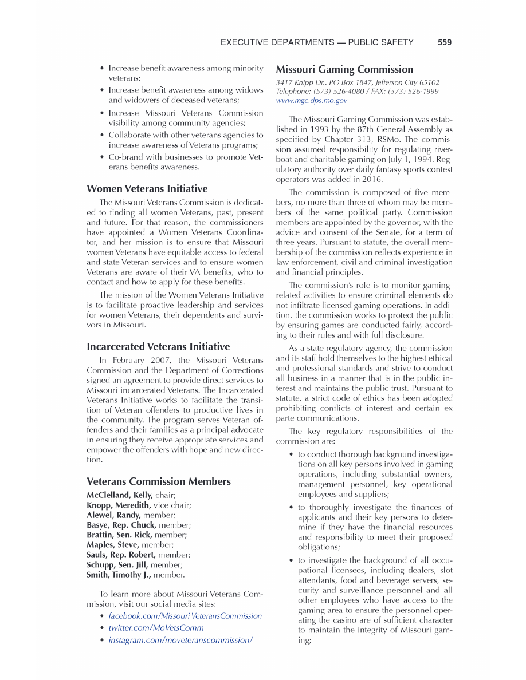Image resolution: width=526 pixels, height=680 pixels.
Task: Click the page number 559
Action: [445, 42]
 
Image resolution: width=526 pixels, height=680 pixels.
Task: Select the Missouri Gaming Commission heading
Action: [344, 70]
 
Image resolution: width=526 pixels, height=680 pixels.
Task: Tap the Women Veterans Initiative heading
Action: [147, 189]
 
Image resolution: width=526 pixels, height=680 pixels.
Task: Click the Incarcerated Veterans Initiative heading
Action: [158, 347]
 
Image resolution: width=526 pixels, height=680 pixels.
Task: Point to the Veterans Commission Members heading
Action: [159, 481]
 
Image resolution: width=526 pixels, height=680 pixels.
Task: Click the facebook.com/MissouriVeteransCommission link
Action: [185, 616]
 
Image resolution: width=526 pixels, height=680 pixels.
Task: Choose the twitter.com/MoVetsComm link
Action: [156, 628]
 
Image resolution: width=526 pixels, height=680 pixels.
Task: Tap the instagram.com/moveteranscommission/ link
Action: [180, 640]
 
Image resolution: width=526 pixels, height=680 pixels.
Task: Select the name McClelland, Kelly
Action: [119, 495]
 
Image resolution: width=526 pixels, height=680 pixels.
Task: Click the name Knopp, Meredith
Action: [119, 505]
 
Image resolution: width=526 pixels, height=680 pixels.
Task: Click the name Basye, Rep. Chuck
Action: [121, 525]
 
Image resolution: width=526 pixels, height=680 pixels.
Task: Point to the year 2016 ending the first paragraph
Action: [356, 179]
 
